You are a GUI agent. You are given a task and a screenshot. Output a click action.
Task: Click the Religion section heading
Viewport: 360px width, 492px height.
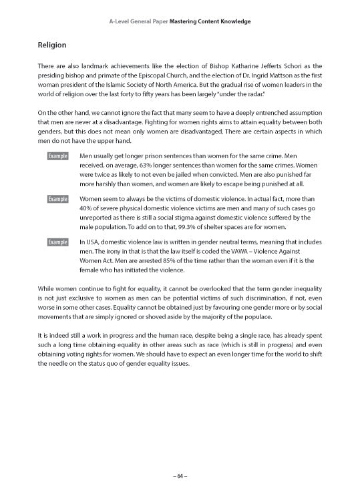[x=52, y=45]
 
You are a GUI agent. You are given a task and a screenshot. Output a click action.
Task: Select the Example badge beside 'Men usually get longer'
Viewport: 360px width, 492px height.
[x=58, y=156]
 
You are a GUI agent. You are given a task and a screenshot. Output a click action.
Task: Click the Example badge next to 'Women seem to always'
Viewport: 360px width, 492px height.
[x=58, y=199]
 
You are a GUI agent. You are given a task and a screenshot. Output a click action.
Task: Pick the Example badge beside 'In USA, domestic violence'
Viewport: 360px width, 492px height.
[x=58, y=242]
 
